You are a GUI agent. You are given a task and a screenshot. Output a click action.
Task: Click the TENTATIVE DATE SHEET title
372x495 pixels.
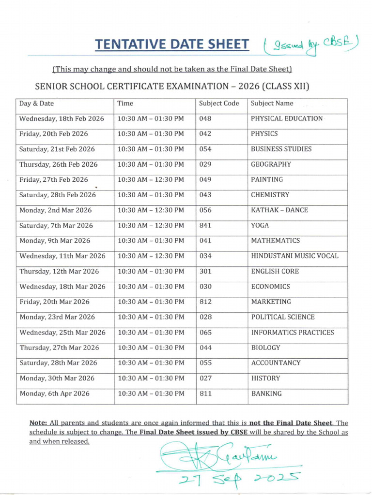[x=172, y=44]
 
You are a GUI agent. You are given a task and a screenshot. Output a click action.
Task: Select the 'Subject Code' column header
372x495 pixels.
[x=219, y=103]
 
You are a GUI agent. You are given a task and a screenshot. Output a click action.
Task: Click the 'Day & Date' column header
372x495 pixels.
[x=37, y=103]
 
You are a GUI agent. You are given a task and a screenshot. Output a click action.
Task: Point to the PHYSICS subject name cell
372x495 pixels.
[x=264, y=134]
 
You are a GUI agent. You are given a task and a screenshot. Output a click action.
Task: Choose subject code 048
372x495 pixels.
[x=205, y=118]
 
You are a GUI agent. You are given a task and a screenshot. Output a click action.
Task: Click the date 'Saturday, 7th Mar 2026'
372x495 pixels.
[x=56, y=226]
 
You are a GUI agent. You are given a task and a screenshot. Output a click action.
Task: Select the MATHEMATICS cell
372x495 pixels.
[x=275, y=241]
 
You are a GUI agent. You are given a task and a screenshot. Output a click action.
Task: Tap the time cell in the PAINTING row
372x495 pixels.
[x=151, y=180]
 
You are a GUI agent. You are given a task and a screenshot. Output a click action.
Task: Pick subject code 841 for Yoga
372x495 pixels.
[x=205, y=226]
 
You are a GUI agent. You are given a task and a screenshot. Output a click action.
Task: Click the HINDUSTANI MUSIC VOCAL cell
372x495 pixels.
[x=294, y=256]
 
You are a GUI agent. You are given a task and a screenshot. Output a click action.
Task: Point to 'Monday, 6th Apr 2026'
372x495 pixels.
[x=54, y=394]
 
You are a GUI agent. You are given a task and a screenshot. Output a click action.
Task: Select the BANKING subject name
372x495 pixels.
[x=266, y=394]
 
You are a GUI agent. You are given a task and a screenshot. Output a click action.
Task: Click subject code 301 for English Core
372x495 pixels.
[x=205, y=272]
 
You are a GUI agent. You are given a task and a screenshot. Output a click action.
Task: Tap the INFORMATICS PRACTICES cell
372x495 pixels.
[x=292, y=333]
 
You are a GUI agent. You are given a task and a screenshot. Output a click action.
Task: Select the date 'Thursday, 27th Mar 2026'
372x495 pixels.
[x=59, y=348]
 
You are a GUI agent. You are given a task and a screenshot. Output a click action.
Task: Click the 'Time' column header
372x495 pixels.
[x=125, y=103]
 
